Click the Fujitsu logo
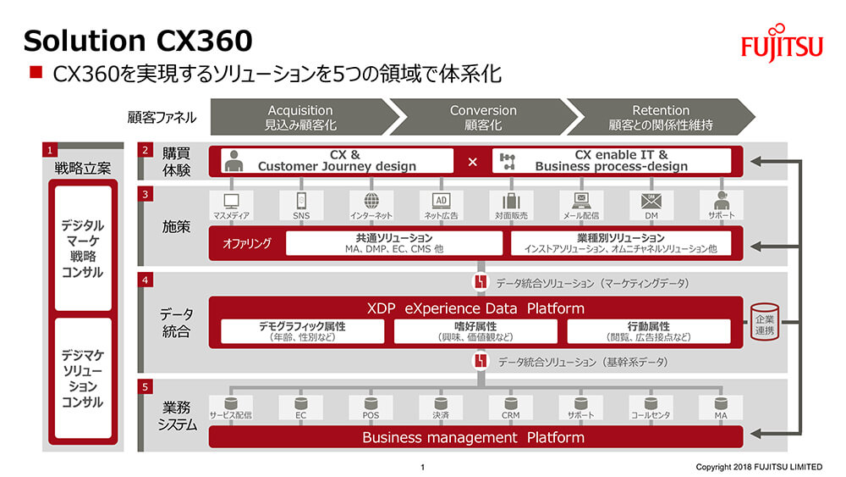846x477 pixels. pos(782,43)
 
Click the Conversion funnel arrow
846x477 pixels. pos(483,117)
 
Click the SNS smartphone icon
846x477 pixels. pos(301,201)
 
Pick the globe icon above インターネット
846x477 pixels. pos(371,201)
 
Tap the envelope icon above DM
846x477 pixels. pos(651,201)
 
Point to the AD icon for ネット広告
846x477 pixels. pos(442,201)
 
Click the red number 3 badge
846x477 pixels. pos(146,194)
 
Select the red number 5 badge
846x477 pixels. pos(146,387)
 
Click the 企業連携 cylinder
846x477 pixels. pos(765,322)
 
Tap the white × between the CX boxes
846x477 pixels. pos(473,162)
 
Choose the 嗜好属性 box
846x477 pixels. pos(475,331)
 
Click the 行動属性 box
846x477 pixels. pos(649,331)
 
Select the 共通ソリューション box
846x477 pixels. pos(394,243)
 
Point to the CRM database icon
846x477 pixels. pos(510,403)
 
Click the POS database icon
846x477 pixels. pos(371,403)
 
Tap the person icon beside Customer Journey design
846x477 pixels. pos(233,161)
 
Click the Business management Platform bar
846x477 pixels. pos(475,437)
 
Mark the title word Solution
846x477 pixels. pos(85,41)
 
